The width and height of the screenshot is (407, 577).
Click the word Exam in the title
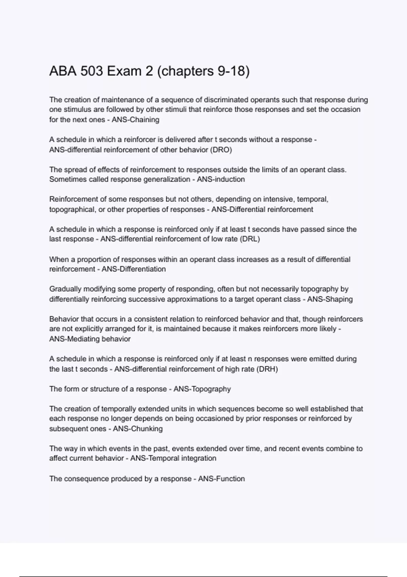(130, 71)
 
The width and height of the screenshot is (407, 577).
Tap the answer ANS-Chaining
(135, 120)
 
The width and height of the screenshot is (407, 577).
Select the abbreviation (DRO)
(221, 150)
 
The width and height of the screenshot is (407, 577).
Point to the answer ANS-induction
(221, 179)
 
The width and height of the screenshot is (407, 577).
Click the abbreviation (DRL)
(250, 239)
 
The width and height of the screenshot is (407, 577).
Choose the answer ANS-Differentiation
(134, 269)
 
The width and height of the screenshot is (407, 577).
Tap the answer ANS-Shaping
(330, 299)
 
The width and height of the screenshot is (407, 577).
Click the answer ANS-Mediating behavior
(90, 339)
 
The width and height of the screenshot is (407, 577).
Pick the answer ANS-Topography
(202, 389)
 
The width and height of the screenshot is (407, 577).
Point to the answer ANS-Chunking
(138, 429)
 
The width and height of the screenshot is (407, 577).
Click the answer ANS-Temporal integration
(173, 458)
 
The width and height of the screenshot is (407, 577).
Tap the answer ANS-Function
(221, 479)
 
